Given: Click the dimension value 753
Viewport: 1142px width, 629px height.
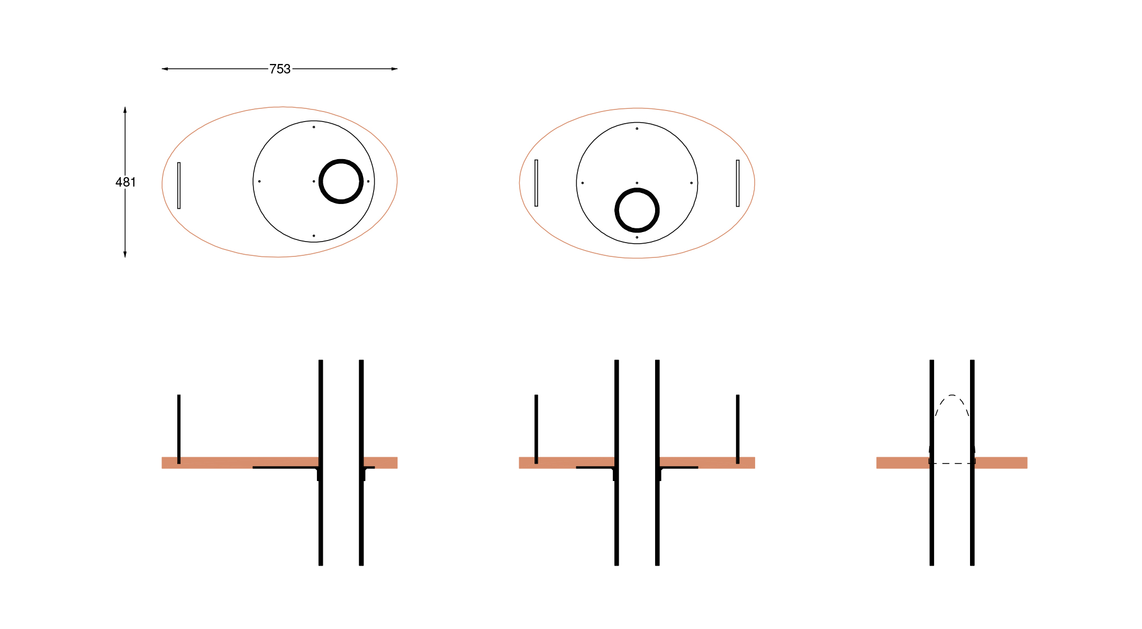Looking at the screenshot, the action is [x=280, y=69].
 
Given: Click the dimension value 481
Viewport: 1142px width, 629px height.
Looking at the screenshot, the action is [x=125, y=182].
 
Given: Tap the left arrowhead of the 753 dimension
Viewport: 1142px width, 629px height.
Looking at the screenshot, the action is [x=165, y=69].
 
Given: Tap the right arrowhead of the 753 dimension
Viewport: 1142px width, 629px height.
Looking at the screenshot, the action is [x=394, y=69].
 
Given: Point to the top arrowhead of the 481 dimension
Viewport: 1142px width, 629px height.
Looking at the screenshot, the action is [x=125, y=110].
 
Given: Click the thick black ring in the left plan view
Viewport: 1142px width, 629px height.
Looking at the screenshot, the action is [x=321, y=181].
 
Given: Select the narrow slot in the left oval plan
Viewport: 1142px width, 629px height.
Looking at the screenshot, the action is [x=179, y=186].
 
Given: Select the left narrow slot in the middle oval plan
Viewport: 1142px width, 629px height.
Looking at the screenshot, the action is [x=536, y=183].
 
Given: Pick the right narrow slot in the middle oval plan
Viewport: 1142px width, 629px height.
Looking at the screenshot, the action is [x=738, y=183].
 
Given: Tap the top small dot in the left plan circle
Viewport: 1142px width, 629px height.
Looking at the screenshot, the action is [x=314, y=127].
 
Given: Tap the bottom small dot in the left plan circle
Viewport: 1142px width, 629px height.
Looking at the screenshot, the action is [x=314, y=236].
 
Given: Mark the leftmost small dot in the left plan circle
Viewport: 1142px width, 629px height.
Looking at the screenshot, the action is [x=259, y=181].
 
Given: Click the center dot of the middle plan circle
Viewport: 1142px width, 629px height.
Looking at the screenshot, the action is [x=637, y=183].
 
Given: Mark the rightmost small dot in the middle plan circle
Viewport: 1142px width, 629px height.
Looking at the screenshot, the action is [x=691, y=183].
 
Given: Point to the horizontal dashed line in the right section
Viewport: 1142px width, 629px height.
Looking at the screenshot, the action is [x=952, y=464].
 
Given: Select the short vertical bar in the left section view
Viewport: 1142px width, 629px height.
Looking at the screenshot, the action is [x=179, y=428].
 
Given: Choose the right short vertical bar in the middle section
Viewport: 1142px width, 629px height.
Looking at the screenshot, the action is [x=738, y=428].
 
